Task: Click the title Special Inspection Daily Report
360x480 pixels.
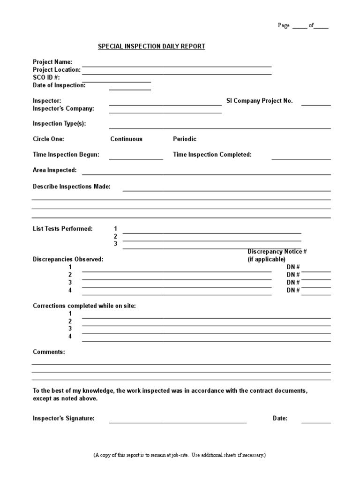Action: (151, 46)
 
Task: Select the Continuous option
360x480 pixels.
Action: (126, 139)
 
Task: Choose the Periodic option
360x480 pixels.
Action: (185, 139)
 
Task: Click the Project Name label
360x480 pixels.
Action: (52, 62)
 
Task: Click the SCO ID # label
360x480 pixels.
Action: (46, 77)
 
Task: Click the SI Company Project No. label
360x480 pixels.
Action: (259, 101)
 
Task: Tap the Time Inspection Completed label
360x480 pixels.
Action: (212, 155)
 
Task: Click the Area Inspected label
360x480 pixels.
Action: (54, 170)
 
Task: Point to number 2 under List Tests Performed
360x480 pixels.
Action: (115, 237)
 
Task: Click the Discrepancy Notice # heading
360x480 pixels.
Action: (277, 252)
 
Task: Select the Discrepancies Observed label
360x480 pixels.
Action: (68, 259)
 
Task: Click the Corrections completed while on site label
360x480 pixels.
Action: (84, 306)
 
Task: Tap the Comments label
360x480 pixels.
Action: (49, 352)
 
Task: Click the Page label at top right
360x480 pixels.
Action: (284, 25)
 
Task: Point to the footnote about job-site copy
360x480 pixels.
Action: (180, 455)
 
